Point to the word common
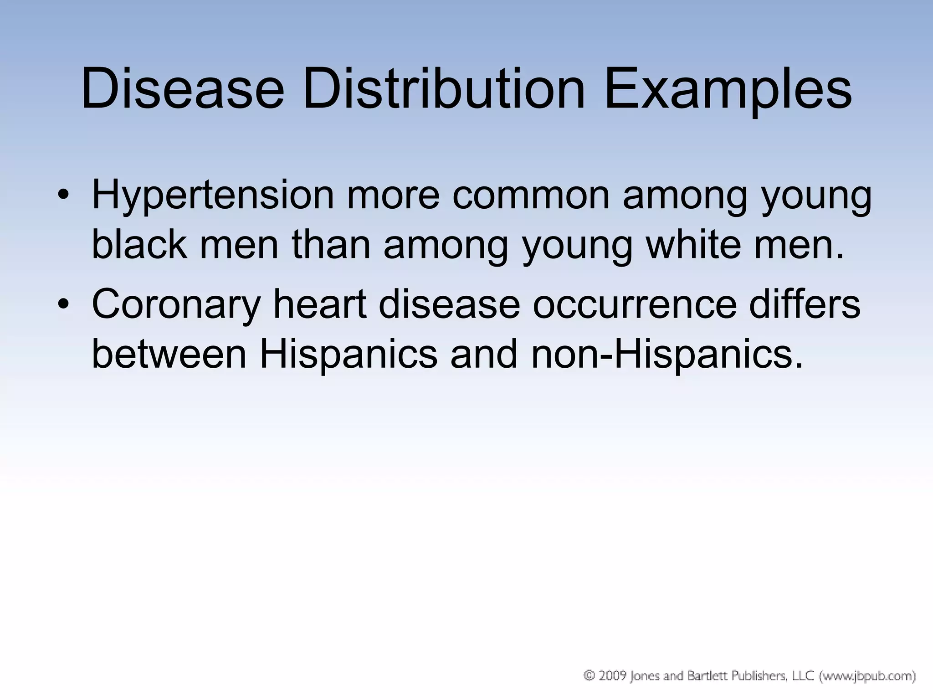point(531,195)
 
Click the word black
point(139,244)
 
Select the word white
point(693,244)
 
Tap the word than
point(331,244)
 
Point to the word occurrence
point(635,304)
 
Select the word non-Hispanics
point(666,354)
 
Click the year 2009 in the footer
point(612,676)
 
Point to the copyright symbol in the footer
point(590,676)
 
